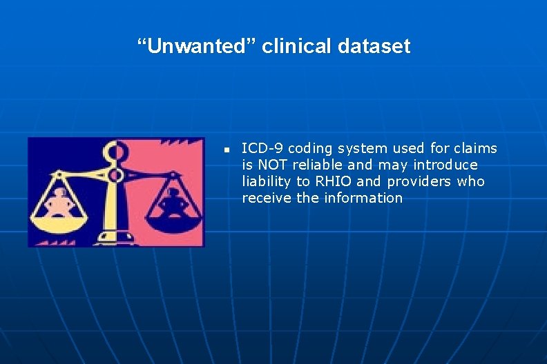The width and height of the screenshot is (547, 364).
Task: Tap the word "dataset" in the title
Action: point(374,47)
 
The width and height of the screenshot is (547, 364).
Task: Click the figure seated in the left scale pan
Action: point(61,202)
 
